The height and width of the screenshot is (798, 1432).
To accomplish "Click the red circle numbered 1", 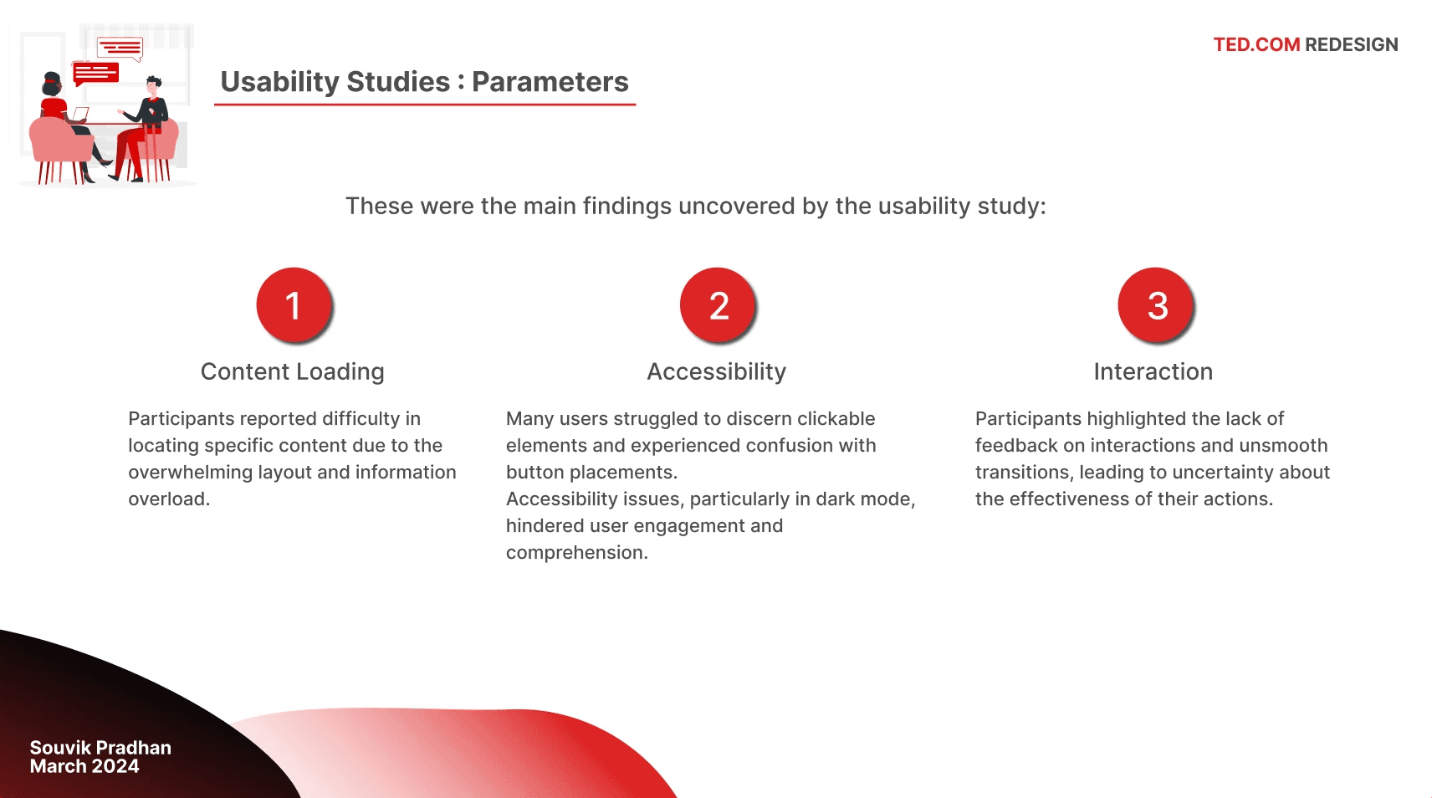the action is pos(294,304).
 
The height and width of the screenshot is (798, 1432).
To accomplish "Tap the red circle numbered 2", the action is pos(718,304).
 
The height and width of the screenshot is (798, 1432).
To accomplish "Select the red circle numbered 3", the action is pos(1155,304).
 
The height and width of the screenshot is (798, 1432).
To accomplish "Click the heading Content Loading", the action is pos(292,371).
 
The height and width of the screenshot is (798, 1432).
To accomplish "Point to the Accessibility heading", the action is pos(716,371).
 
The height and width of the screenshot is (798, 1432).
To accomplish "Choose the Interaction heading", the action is pos(1153,371).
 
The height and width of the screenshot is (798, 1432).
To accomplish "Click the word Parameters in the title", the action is pos(550,82).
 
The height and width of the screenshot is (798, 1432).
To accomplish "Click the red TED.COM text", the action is pos(1256,45).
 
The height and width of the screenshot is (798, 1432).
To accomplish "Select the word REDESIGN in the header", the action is pos(1352,45).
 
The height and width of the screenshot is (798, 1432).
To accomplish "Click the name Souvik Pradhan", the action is pos(100,748).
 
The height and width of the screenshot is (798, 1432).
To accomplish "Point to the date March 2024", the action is pos(84,766).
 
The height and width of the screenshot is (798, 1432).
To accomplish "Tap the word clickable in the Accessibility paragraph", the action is pos(836,418).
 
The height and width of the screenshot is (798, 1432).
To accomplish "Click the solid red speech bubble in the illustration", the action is pos(96,73).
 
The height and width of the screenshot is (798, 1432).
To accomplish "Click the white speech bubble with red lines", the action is pos(120,48).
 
